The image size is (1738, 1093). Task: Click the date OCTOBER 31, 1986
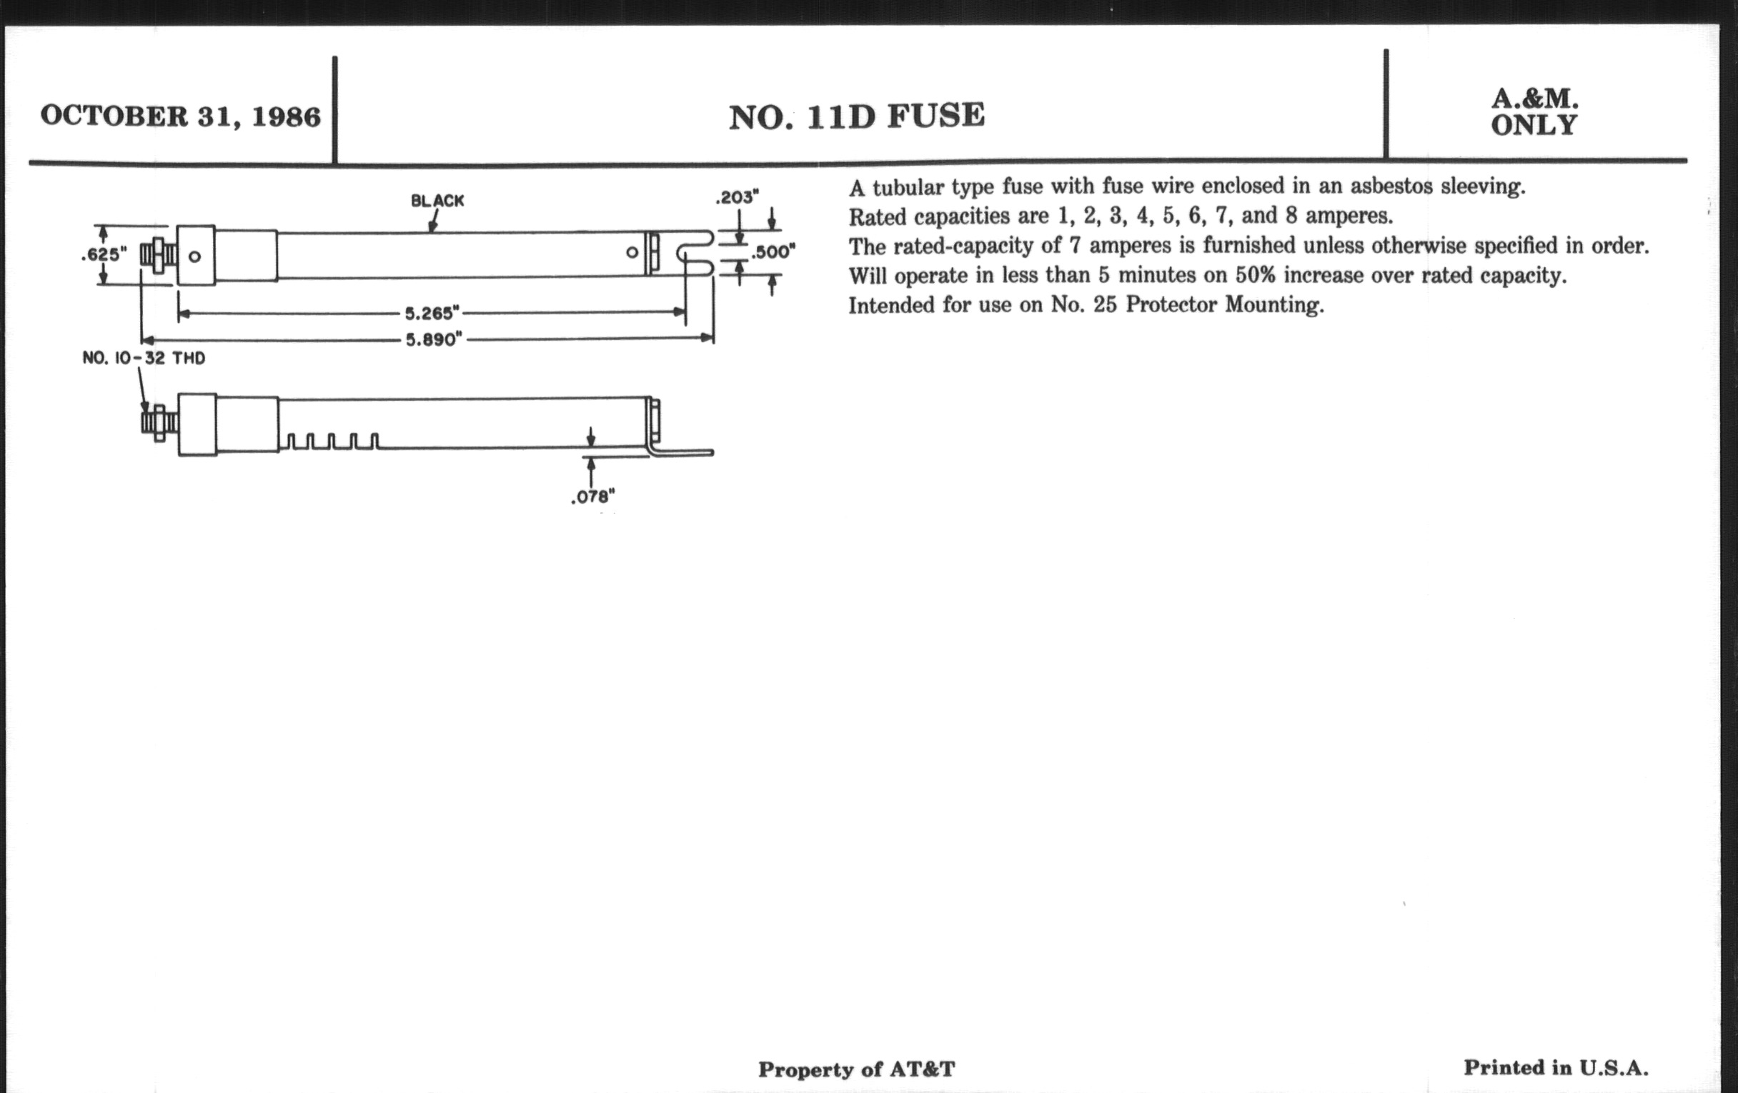click(x=180, y=116)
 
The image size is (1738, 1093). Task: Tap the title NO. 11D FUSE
click(x=857, y=116)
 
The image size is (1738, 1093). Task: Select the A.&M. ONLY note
click(x=1534, y=112)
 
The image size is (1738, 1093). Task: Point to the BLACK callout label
click(x=437, y=201)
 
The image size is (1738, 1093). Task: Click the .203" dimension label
click(x=737, y=197)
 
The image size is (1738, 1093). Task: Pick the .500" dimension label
click(x=773, y=252)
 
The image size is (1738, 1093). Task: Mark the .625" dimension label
click(x=103, y=254)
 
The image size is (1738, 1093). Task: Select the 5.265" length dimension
click(x=432, y=313)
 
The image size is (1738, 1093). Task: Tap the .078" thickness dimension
click(x=592, y=497)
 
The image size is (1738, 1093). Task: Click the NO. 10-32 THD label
click(x=144, y=358)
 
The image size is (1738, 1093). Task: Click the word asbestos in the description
click(x=1391, y=186)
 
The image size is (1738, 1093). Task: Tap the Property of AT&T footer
click(x=856, y=1069)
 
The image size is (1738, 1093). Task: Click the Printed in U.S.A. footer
click(x=1555, y=1067)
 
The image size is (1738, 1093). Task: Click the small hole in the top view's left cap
click(x=195, y=256)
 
